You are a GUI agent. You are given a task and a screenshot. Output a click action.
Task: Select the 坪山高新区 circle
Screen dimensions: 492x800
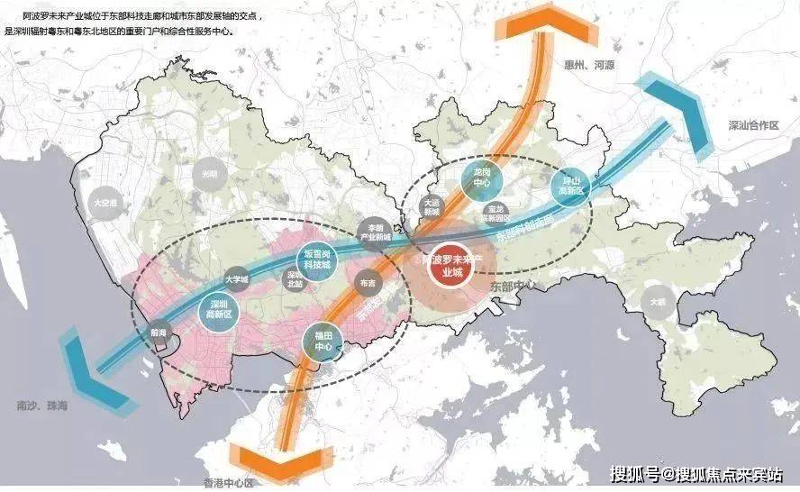tap(569, 186)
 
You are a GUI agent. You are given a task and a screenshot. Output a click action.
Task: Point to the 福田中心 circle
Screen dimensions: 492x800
tap(324, 342)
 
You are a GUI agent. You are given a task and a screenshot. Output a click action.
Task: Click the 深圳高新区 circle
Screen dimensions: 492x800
tap(216, 309)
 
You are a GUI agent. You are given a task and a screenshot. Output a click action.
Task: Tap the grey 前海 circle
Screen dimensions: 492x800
tap(159, 332)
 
